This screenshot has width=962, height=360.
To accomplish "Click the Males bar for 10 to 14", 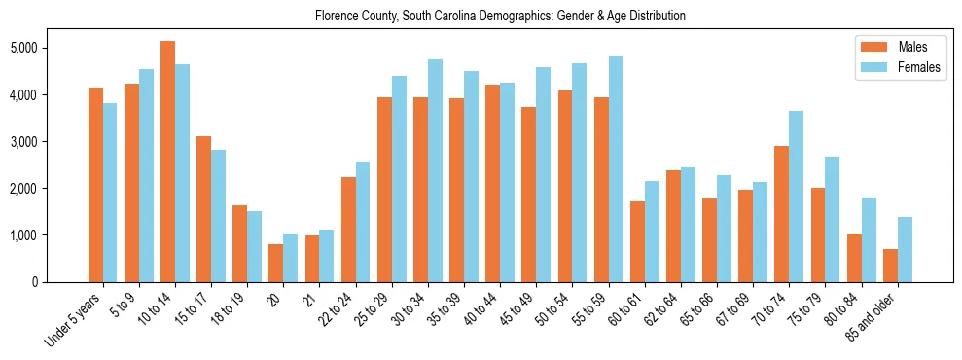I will (167, 162).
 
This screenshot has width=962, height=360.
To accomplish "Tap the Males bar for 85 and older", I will (890, 266).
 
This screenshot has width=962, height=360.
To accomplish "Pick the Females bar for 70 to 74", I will (796, 197).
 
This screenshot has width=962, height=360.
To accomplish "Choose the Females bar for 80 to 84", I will (869, 239).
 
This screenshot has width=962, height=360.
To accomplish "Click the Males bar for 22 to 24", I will (348, 230).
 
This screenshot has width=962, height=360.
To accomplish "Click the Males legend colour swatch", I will (870, 47).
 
